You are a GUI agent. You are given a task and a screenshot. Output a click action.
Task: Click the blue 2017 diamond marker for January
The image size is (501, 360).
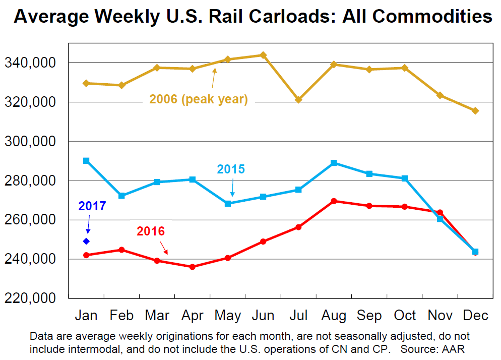click(x=86, y=241)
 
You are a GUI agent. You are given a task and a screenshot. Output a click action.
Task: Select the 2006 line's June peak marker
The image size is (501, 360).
click(x=263, y=55)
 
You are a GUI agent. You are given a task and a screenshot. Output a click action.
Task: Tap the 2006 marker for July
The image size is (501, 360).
click(x=298, y=99)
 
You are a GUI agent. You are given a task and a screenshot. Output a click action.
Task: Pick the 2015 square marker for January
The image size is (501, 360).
click(x=86, y=160)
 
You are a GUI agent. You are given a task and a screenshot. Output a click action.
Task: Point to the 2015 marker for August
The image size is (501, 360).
click(x=334, y=163)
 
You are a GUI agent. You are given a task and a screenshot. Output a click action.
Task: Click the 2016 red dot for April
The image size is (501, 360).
click(x=192, y=267)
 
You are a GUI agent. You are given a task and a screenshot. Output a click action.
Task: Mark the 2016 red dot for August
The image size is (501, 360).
click(x=334, y=201)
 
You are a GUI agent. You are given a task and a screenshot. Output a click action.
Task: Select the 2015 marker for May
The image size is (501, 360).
click(x=228, y=204)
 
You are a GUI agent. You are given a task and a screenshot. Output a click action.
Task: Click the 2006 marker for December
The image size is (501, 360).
click(x=475, y=110)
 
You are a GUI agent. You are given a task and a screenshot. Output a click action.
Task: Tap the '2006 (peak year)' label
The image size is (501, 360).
click(x=198, y=99)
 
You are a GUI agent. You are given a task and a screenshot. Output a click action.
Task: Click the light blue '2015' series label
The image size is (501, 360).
click(x=231, y=169)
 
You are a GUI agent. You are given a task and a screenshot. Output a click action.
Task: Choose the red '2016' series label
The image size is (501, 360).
click(x=151, y=231)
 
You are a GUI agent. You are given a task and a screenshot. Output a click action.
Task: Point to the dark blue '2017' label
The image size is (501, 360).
click(x=92, y=206)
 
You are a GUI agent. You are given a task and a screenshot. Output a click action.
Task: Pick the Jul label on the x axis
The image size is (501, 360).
click(x=298, y=316)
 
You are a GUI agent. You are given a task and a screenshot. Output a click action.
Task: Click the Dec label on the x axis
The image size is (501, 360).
click(x=475, y=316)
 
